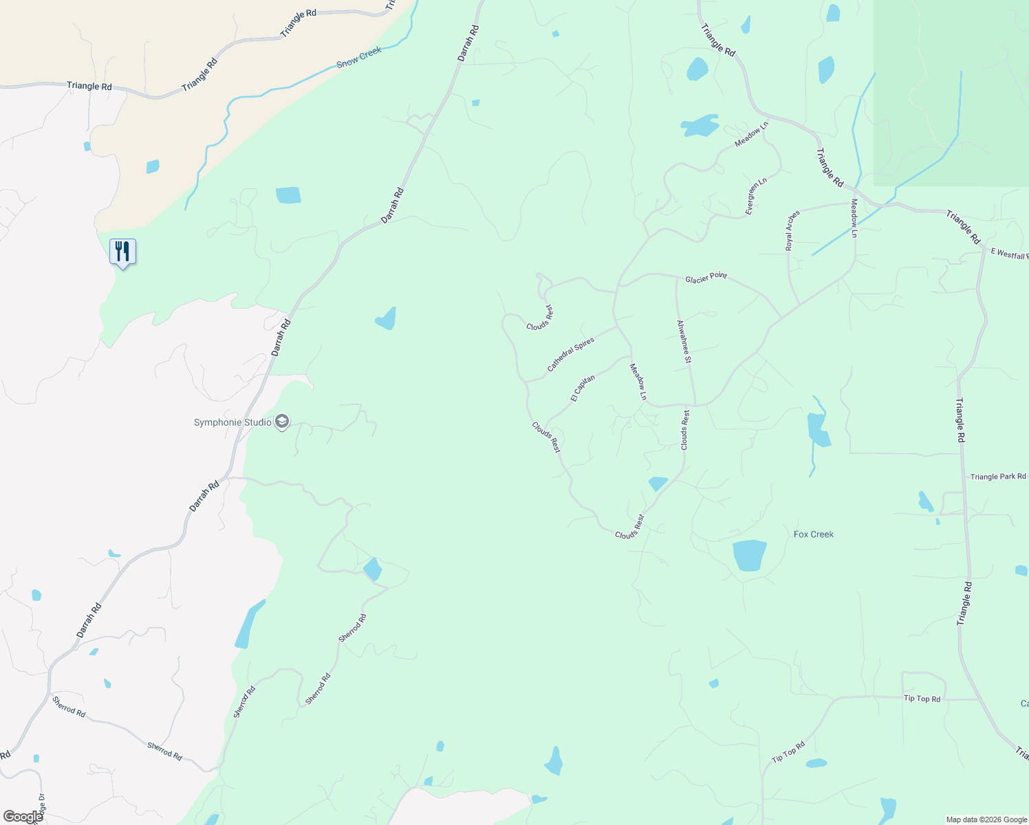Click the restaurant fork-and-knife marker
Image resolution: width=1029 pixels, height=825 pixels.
pyautogui.click(x=122, y=252)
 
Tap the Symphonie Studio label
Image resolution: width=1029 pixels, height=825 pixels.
pyautogui.click(x=232, y=422)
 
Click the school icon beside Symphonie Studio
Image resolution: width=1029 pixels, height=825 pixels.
pyautogui.click(x=281, y=421)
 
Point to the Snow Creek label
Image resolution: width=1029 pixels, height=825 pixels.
pyautogui.click(x=359, y=57)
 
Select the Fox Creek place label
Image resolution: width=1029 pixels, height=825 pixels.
pyautogui.click(x=814, y=534)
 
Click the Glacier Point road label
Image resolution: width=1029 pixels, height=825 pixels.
pyautogui.click(x=706, y=278)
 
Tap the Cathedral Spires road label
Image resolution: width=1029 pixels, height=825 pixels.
pyautogui.click(x=570, y=355)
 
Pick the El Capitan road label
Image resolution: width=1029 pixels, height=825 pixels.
pyautogui.click(x=583, y=388)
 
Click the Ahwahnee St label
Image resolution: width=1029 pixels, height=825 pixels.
pyautogui.click(x=684, y=342)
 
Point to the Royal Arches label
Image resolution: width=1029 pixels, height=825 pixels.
pyautogui.click(x=793, y=230)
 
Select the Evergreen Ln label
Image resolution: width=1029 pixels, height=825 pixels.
pyautogui.click(x=756, y=197)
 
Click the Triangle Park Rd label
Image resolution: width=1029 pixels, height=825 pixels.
pyautogui.click(x=998, y=476)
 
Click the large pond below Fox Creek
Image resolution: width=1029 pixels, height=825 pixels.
pyautogui.click(x=749, y=555)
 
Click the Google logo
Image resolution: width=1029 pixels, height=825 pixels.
pyautogui.click(x=23, y=817)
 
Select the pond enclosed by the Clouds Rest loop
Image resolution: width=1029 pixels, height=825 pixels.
pyautogui.click(x=658, y=483)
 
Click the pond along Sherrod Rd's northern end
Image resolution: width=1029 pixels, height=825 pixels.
pyautogui.click(x=372, y=569)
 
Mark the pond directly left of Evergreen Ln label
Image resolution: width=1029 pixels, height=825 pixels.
pyautogui.click(x=700, y=126)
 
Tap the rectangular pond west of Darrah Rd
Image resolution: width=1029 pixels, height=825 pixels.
pyautogui.click(x=288, y=195)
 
